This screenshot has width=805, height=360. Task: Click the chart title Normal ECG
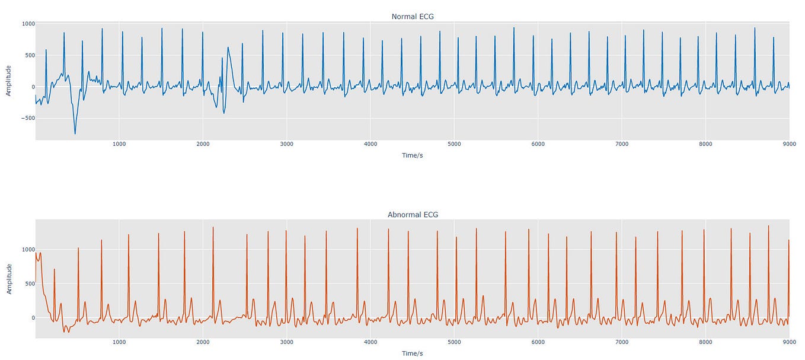click(x=413, y=17)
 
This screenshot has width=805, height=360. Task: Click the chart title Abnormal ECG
click(x=413, y=215)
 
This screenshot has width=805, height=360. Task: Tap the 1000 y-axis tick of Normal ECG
click(x=28, y=24)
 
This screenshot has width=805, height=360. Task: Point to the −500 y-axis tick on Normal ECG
click(x=27, y=118)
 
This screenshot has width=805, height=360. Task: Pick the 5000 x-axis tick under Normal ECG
click(x=454, y=144)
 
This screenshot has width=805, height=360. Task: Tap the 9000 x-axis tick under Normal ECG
click(x=789, y=144)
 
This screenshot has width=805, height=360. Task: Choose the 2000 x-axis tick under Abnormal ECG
click(x=203, y=342)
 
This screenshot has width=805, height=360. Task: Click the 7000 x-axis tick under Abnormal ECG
click(x=622, y=342)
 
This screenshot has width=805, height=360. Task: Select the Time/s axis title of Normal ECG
click(x=413, y=155)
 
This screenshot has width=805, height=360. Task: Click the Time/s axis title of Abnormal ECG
click(x=413, y=353)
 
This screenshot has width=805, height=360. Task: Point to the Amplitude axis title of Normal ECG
click(x=9, y=81)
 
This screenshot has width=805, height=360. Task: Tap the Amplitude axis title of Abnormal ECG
click(x=9, y=279)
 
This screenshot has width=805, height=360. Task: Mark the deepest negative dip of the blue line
click(x=75, y=133)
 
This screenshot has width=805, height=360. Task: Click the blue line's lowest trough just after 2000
click(x=224, y=113)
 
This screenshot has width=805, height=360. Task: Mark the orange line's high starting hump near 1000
click(x=39, y=254)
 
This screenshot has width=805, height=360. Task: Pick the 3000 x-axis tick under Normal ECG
click(x=286, y=144)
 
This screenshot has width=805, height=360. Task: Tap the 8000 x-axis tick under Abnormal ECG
click(x=705, y=342)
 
